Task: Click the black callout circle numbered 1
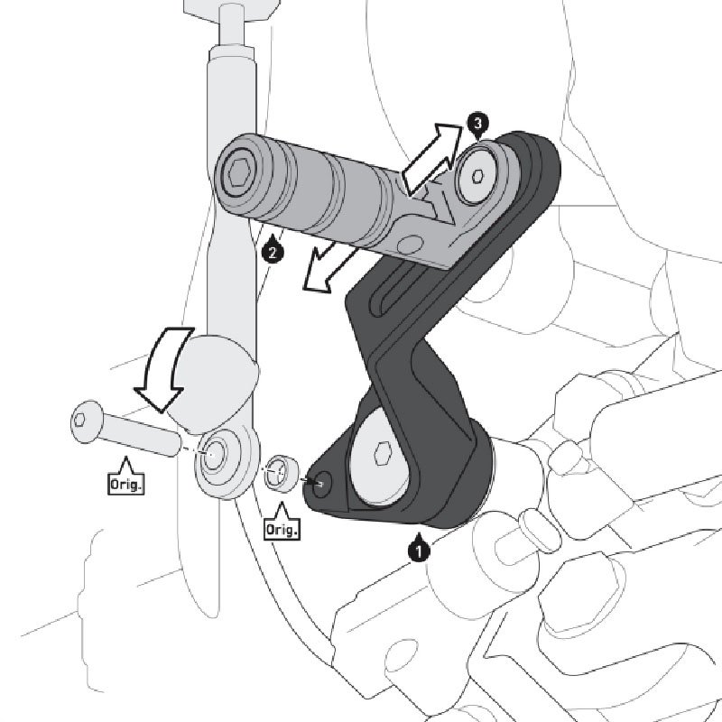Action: tap(418, 548)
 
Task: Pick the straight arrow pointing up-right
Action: tap(430, 159)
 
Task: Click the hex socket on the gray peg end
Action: tap(238, 171)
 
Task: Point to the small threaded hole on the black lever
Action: tap(321, 485)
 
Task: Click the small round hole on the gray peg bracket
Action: tap(412, 242)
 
